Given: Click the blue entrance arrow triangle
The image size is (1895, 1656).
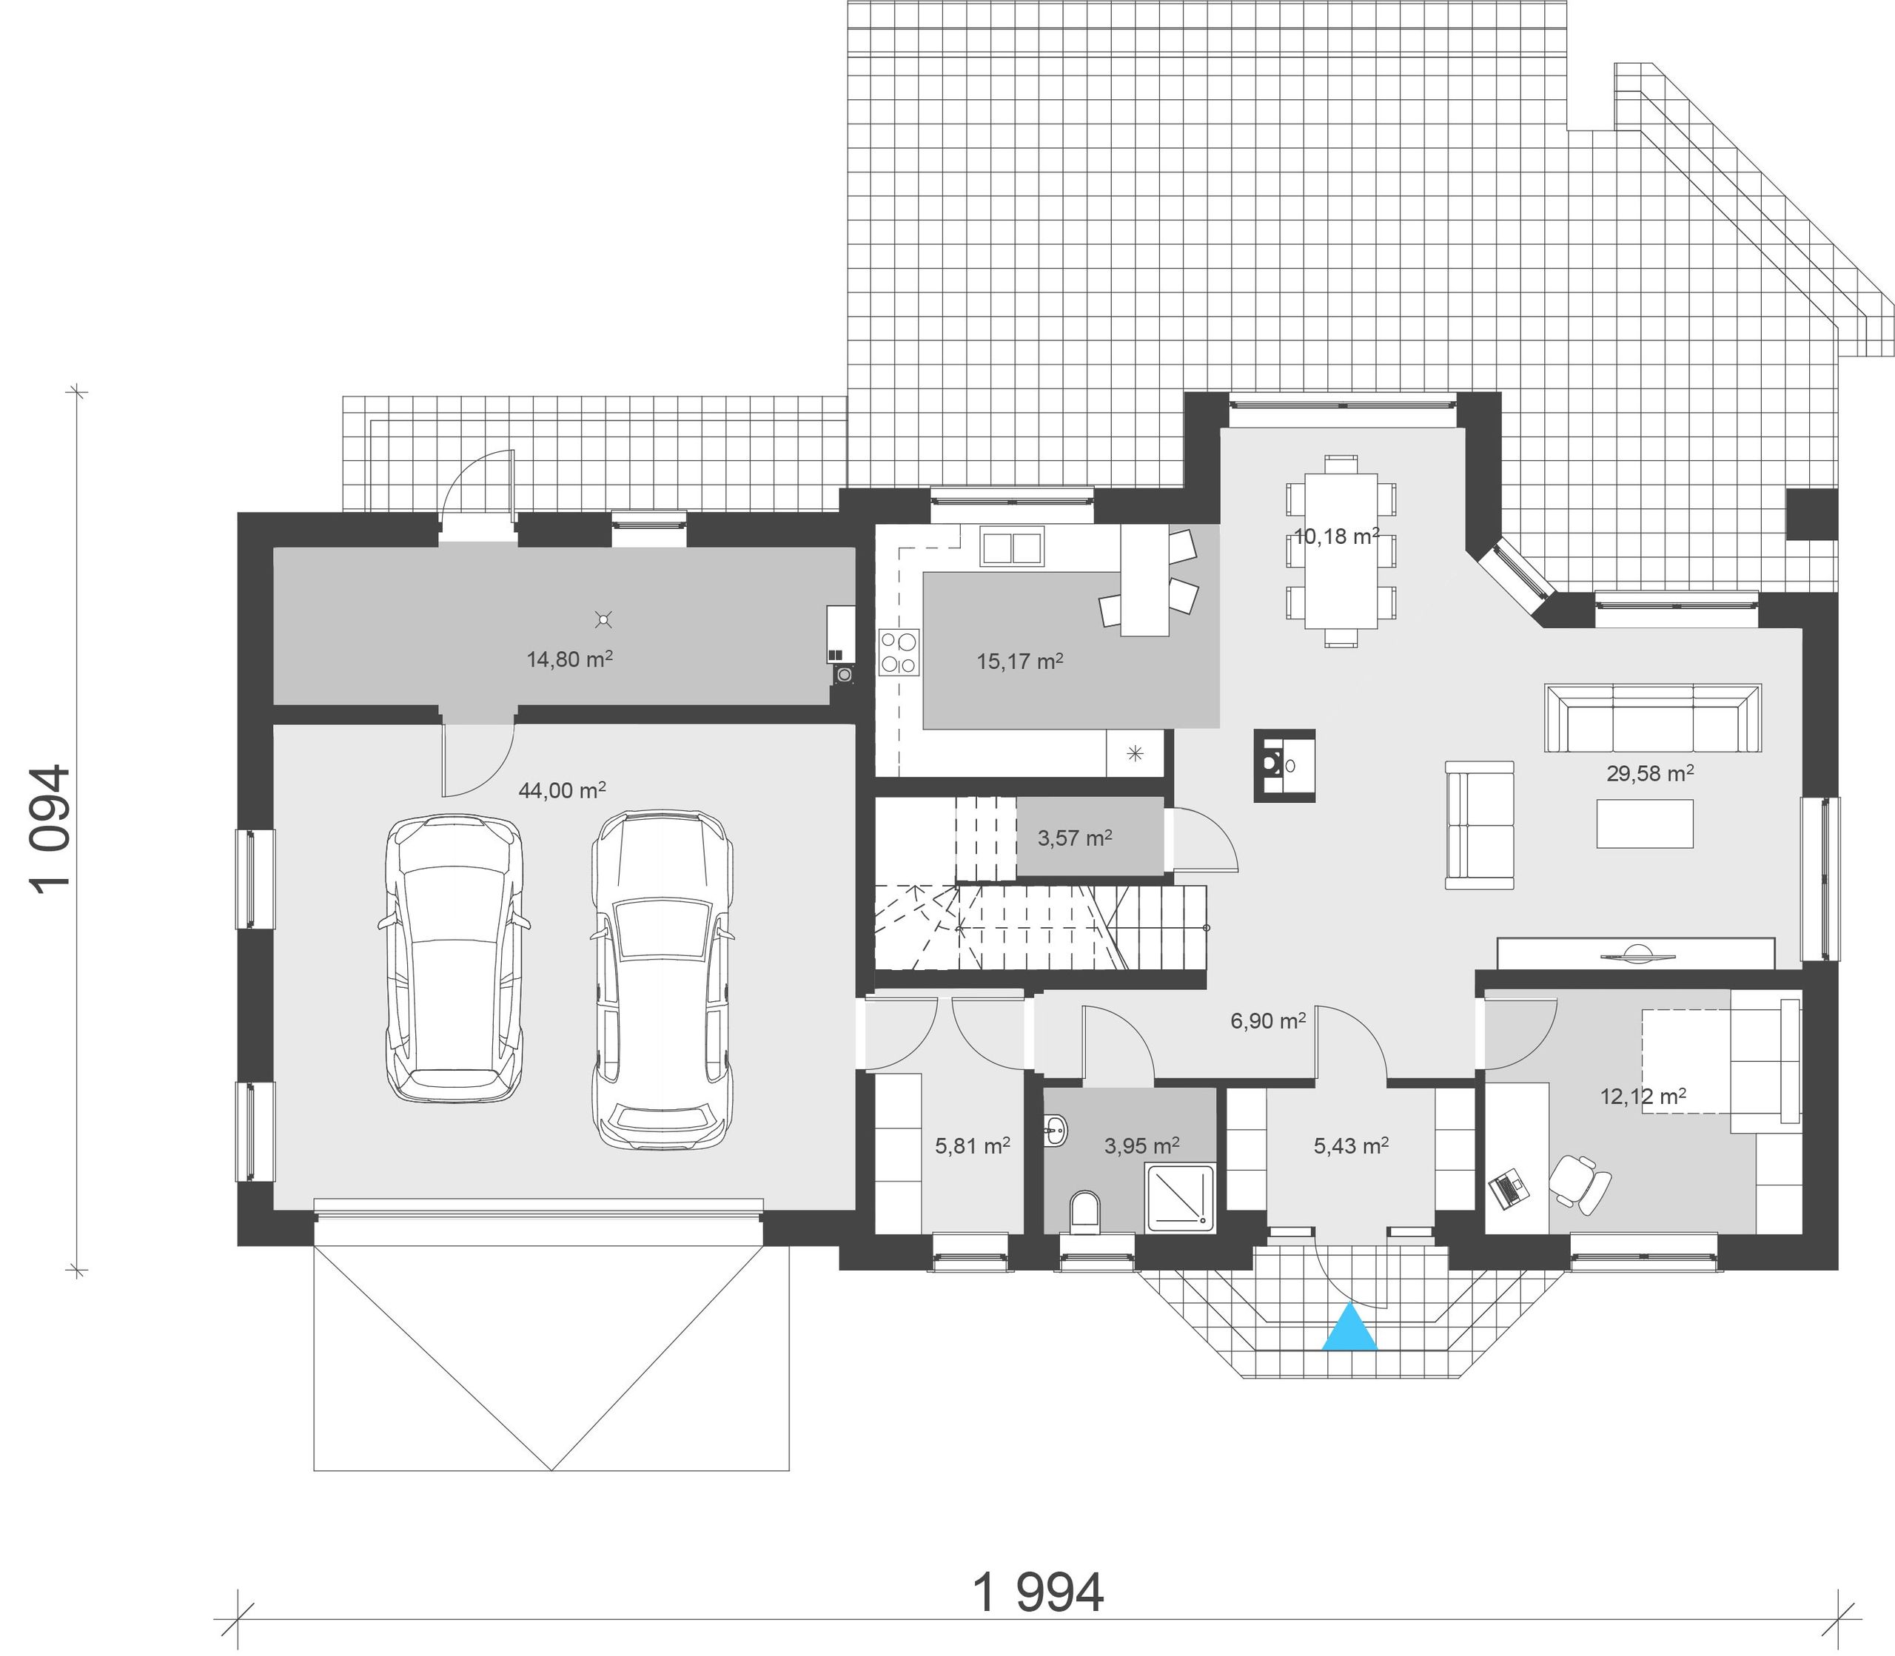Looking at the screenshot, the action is pos(1349,1328).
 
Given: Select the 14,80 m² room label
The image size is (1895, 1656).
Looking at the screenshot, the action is pos(569,659).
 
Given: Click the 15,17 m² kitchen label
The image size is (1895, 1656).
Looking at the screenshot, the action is pos(1019,662).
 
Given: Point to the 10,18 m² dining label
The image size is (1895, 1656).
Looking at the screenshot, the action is pos(1337,536).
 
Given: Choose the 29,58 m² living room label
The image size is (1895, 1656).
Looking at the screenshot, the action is pos(1650,773).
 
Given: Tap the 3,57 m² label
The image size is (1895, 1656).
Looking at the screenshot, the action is pos(1074,838).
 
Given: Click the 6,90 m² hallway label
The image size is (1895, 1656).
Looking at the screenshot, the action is pos(1267,1021).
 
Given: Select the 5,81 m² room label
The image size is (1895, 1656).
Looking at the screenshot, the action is pos(973,1147).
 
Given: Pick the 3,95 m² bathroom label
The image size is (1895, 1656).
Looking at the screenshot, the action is pos(1141,1147).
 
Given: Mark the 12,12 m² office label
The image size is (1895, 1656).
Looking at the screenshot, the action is pos(1643,1097).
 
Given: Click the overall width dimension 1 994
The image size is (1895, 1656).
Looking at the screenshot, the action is pos(1038,1592).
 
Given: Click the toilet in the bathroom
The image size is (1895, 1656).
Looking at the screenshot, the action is pos(1085,1211).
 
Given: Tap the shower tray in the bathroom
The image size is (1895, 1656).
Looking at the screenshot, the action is pos(1181,1198).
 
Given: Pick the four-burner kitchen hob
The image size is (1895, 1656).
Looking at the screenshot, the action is pos(899,651).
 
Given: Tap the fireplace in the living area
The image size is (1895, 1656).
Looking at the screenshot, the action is pos(1285,765).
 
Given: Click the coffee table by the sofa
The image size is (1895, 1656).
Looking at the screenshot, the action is pos(1645,824).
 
